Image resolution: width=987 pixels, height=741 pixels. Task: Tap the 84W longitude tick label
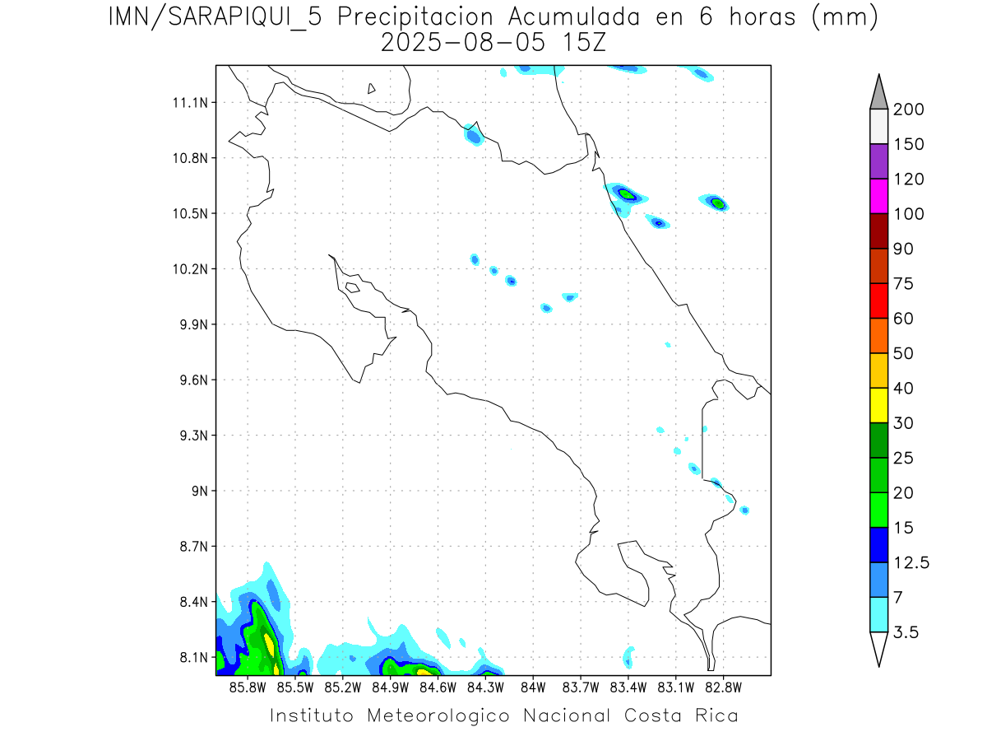pos(533,687)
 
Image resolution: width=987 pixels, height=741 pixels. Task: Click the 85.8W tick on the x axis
pos(248,687)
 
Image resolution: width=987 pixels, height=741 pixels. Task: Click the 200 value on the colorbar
pos(908,110)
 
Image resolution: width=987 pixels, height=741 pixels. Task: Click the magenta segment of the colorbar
pos(878,197)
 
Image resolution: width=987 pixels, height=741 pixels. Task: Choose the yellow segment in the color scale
pos(878,405)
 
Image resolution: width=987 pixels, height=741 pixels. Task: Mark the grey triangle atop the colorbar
pos(878,93)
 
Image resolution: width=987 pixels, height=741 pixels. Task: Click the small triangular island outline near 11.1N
pos(372,89)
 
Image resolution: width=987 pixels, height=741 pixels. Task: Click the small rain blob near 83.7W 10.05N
pos(570,296)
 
